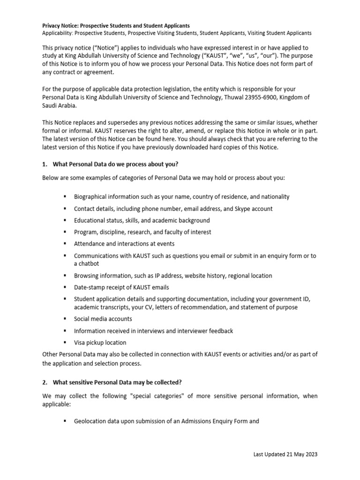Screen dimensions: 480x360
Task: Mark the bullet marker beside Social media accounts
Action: pyautogui.click(x=64, y=319)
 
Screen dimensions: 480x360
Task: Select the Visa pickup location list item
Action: pyautogui.click(x=100, y=342)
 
